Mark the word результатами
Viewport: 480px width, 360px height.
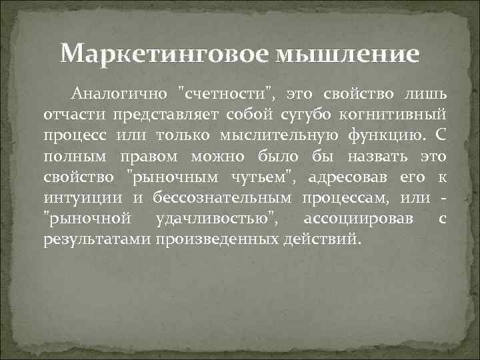pyautogui.click(x=97, y=240)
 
